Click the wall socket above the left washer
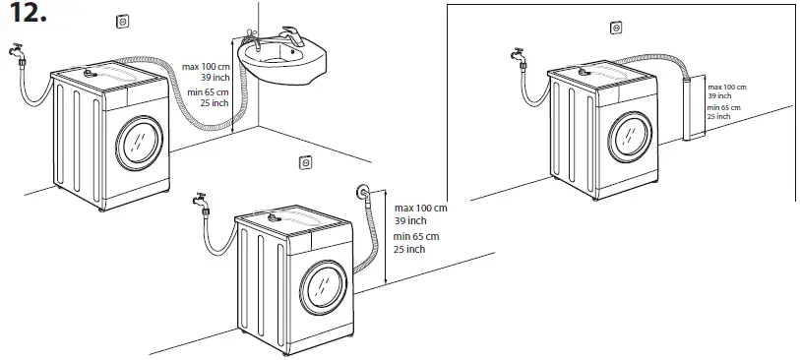click(x=124, y=20)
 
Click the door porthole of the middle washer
click(x=324, y=284)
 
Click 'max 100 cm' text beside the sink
click(x=205, y=67)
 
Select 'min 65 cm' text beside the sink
click(x=205, y=93)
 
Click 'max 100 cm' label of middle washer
click(x=420, y=209)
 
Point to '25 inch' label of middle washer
click(x=409, y=249)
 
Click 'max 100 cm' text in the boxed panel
click(x=728, y=88)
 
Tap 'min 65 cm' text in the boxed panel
click(x=726, y=107)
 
